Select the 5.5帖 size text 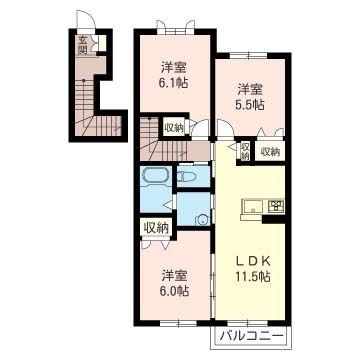pos(250,103)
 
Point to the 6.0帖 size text pos(175,291)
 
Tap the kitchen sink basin pos(250,207)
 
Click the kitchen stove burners pos(274,207)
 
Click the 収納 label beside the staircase pos(174,127)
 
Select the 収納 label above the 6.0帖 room pos(155,228)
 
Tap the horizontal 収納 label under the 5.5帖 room pos(268,151)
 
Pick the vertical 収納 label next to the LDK pos(244,151)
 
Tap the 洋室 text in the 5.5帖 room pos(250,87)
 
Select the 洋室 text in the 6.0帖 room pos(175,275)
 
